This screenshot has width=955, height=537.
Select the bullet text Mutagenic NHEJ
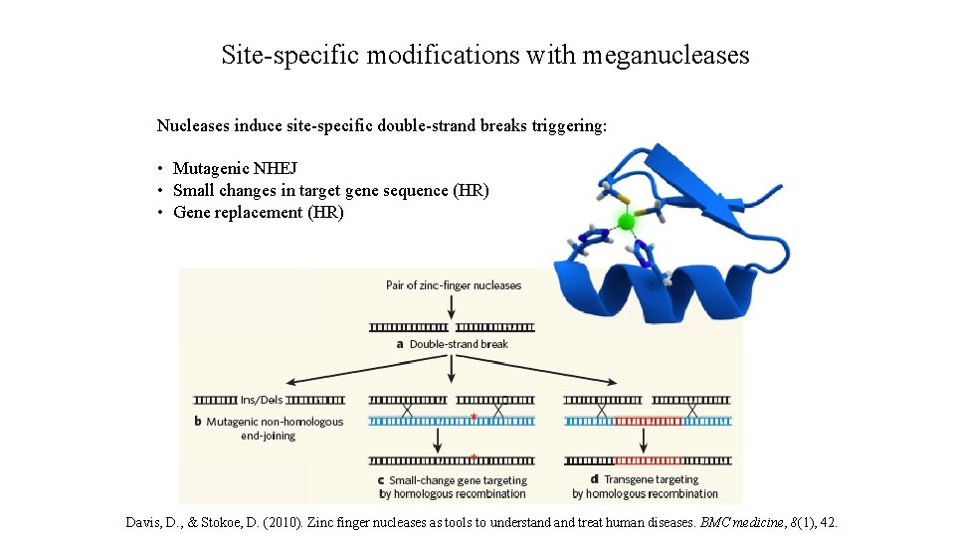point(235,168)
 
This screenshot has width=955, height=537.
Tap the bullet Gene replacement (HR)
point(259,212)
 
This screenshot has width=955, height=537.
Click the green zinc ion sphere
point(626,222)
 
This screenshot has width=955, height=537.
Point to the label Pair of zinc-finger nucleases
point(453,285)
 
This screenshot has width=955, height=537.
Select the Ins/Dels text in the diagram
point(262,400)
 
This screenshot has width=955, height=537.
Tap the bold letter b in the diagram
point(198,422)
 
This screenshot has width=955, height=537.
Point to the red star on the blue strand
point(474,417)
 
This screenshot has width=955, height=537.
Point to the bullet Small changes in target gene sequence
point(330,190)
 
